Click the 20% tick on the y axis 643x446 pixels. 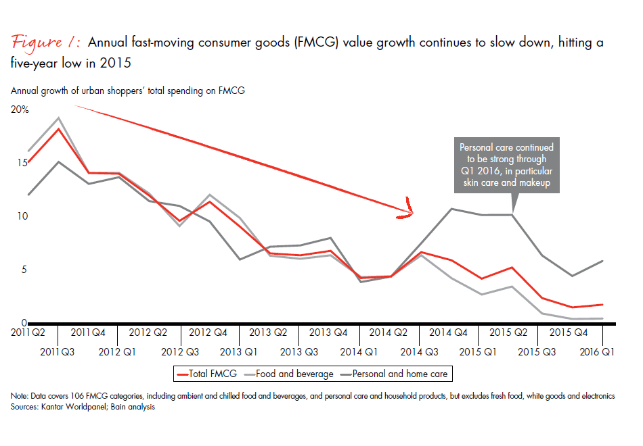coord(20,109)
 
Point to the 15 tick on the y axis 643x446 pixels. coord(16,163)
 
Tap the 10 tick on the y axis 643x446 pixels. coord(16,216)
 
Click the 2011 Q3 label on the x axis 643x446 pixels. coord(58,351)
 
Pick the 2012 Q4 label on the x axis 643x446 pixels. coord(208,332)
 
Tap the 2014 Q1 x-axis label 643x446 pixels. coord(359,351)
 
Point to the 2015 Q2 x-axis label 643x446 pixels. coord(509,332)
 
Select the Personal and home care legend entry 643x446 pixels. coord(399,374)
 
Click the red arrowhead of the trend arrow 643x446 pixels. coord(408,210)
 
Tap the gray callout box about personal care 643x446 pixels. coord(506,165)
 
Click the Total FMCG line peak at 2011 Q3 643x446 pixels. coord(59,128)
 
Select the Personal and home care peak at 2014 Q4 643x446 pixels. coord(451,209)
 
